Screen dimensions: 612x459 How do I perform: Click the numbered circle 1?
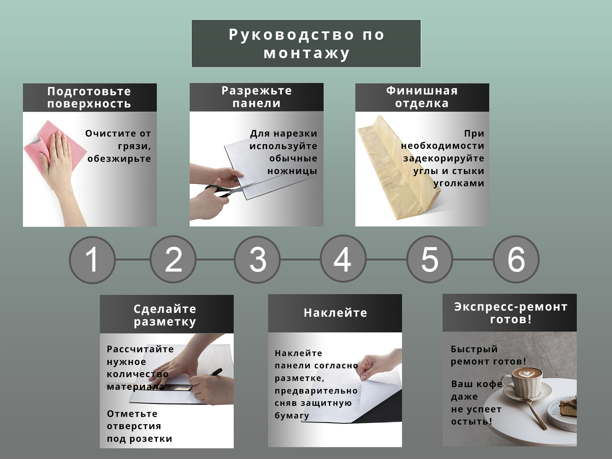pos(92,260)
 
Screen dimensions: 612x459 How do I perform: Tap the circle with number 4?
pos(343,259)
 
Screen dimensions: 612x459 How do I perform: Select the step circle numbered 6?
pos(516,259)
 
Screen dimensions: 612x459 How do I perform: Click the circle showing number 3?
pos(257,259)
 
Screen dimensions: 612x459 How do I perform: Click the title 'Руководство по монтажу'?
pos(306,44)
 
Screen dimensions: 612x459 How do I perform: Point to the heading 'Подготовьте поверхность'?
pos(89,97)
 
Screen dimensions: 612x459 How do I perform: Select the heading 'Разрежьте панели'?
pos(257,97)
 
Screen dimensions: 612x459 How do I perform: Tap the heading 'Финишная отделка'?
pos(422,97)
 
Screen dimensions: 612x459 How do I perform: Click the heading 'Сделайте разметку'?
pos(165,315)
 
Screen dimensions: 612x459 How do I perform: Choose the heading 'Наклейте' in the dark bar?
pos(335,313)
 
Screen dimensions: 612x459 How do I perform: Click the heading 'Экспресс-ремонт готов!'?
pos(511,313)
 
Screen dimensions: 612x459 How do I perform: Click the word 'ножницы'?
pos(292,171)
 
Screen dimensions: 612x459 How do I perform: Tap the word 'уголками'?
pos(459,183)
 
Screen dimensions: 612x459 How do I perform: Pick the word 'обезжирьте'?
pos(119,159)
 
